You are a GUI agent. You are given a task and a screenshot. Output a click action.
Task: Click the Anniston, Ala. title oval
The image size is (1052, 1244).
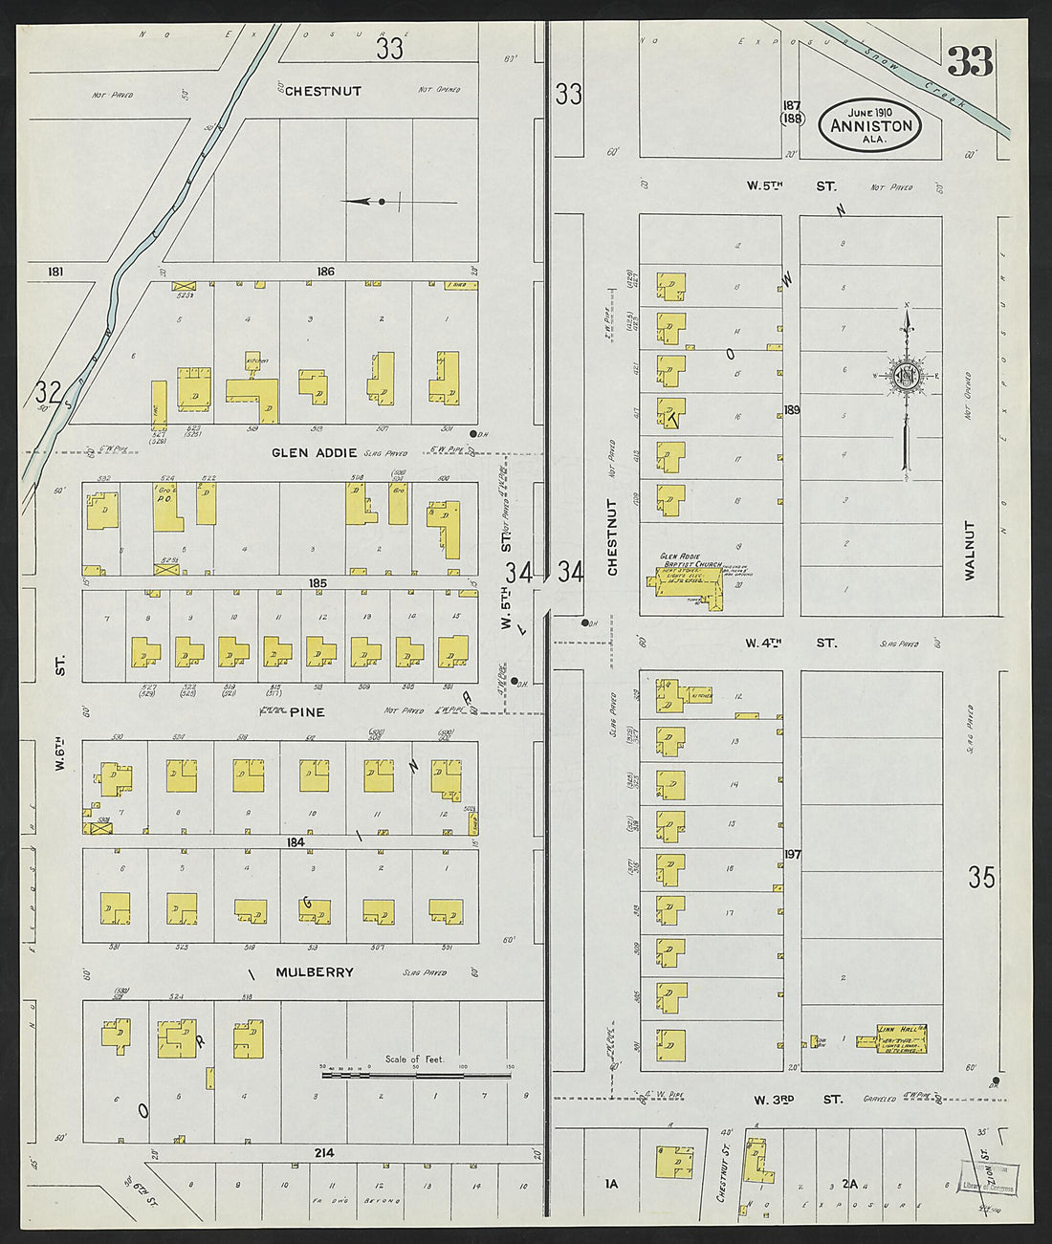pos(870,124)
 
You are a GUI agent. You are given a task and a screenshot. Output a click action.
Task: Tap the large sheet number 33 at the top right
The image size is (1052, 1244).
pos(970,61)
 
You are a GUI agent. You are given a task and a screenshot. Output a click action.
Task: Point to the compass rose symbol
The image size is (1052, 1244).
pos(906,376)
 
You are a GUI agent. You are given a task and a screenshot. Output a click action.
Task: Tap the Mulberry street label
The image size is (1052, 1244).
pos(315,972)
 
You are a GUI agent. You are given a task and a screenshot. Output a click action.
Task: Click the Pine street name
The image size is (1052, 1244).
pos(307,712)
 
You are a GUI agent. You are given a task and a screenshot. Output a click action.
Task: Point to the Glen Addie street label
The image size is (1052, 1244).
pos(314,453)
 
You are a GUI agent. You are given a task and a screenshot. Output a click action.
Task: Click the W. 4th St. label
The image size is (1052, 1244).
pos(791,644)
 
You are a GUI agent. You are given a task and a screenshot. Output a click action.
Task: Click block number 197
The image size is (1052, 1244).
pos(792,854)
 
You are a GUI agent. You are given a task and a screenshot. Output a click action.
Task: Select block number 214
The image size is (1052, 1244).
pos(324,1153)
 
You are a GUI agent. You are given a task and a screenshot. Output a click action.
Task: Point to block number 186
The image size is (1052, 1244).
pos(326,272)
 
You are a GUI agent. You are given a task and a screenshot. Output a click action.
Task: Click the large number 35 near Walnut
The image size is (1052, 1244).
pos(981,877)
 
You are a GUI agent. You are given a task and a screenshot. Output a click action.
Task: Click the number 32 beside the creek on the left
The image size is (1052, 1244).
pos(48,391)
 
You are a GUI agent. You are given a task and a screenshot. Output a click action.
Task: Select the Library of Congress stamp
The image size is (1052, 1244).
pos(990,1177)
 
